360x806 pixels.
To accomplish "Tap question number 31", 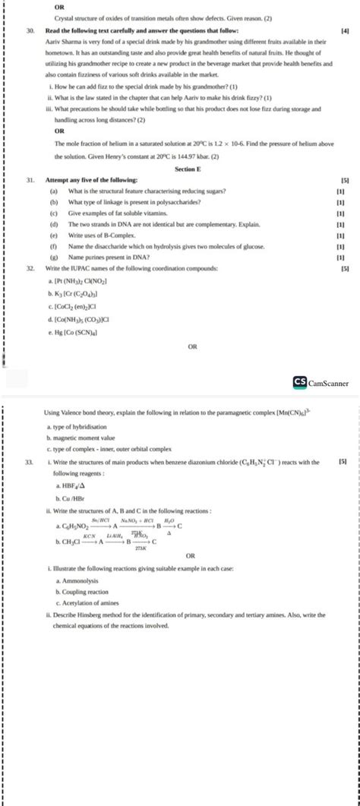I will point(29,179).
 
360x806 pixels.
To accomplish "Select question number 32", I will point(29,269).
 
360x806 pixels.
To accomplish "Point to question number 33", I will point(29,461).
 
